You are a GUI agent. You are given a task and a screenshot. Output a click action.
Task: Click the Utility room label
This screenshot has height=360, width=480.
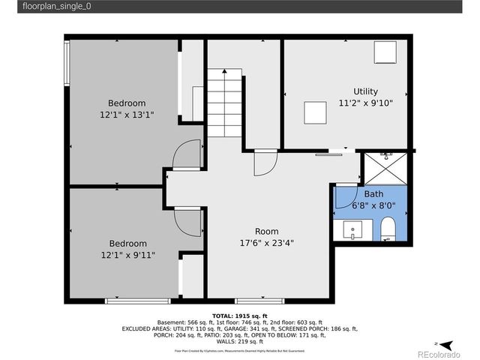point(366,91)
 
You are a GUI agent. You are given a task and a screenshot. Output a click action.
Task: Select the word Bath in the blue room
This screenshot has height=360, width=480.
point(373,193)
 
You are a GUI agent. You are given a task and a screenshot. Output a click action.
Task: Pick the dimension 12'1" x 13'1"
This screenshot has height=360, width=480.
point(127,115)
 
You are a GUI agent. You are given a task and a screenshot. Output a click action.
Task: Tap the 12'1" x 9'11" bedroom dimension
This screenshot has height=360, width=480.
point(127,255)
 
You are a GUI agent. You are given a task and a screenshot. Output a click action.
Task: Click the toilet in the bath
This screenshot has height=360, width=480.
point(388,228)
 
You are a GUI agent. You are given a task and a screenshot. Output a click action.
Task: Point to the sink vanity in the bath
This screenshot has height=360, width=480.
point(352,229)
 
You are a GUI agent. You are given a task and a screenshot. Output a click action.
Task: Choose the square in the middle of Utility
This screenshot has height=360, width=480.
point(314,112)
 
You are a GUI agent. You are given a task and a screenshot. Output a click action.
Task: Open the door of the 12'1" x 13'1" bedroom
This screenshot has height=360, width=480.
point(187,155)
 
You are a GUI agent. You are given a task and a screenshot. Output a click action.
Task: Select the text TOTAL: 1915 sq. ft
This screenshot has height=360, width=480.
point(239,316)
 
